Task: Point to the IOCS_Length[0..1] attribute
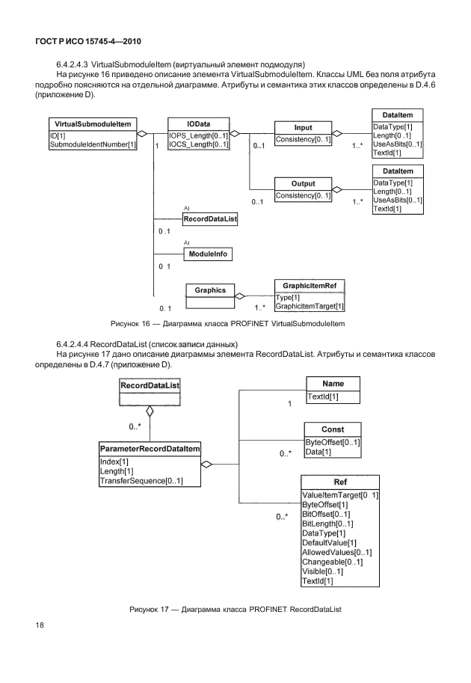tap(197, 144)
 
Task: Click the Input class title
tap(303, 128)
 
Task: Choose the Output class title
tap(303, 183)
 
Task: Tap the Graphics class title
tap(210, 290)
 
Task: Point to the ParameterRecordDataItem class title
tap(149, 448)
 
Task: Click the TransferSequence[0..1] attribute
tap(141, 480)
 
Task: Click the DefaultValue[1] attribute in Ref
tap(329, 542)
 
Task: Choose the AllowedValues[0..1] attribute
tap(336, 552)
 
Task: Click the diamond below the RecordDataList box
tap(150, 410)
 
